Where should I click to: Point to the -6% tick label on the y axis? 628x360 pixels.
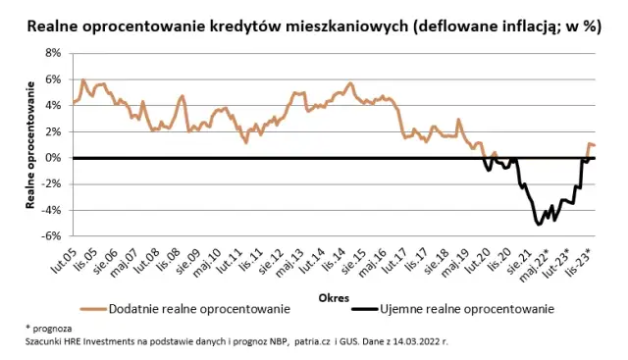click(52, 235)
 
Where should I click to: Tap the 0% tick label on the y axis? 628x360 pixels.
click(54, 157)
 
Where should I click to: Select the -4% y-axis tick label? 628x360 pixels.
click(52, 210)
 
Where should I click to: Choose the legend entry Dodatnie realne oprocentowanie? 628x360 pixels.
click(198, 309)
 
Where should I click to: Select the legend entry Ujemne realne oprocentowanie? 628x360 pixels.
click(467, 309)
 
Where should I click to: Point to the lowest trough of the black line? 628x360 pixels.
click(539, 225)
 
